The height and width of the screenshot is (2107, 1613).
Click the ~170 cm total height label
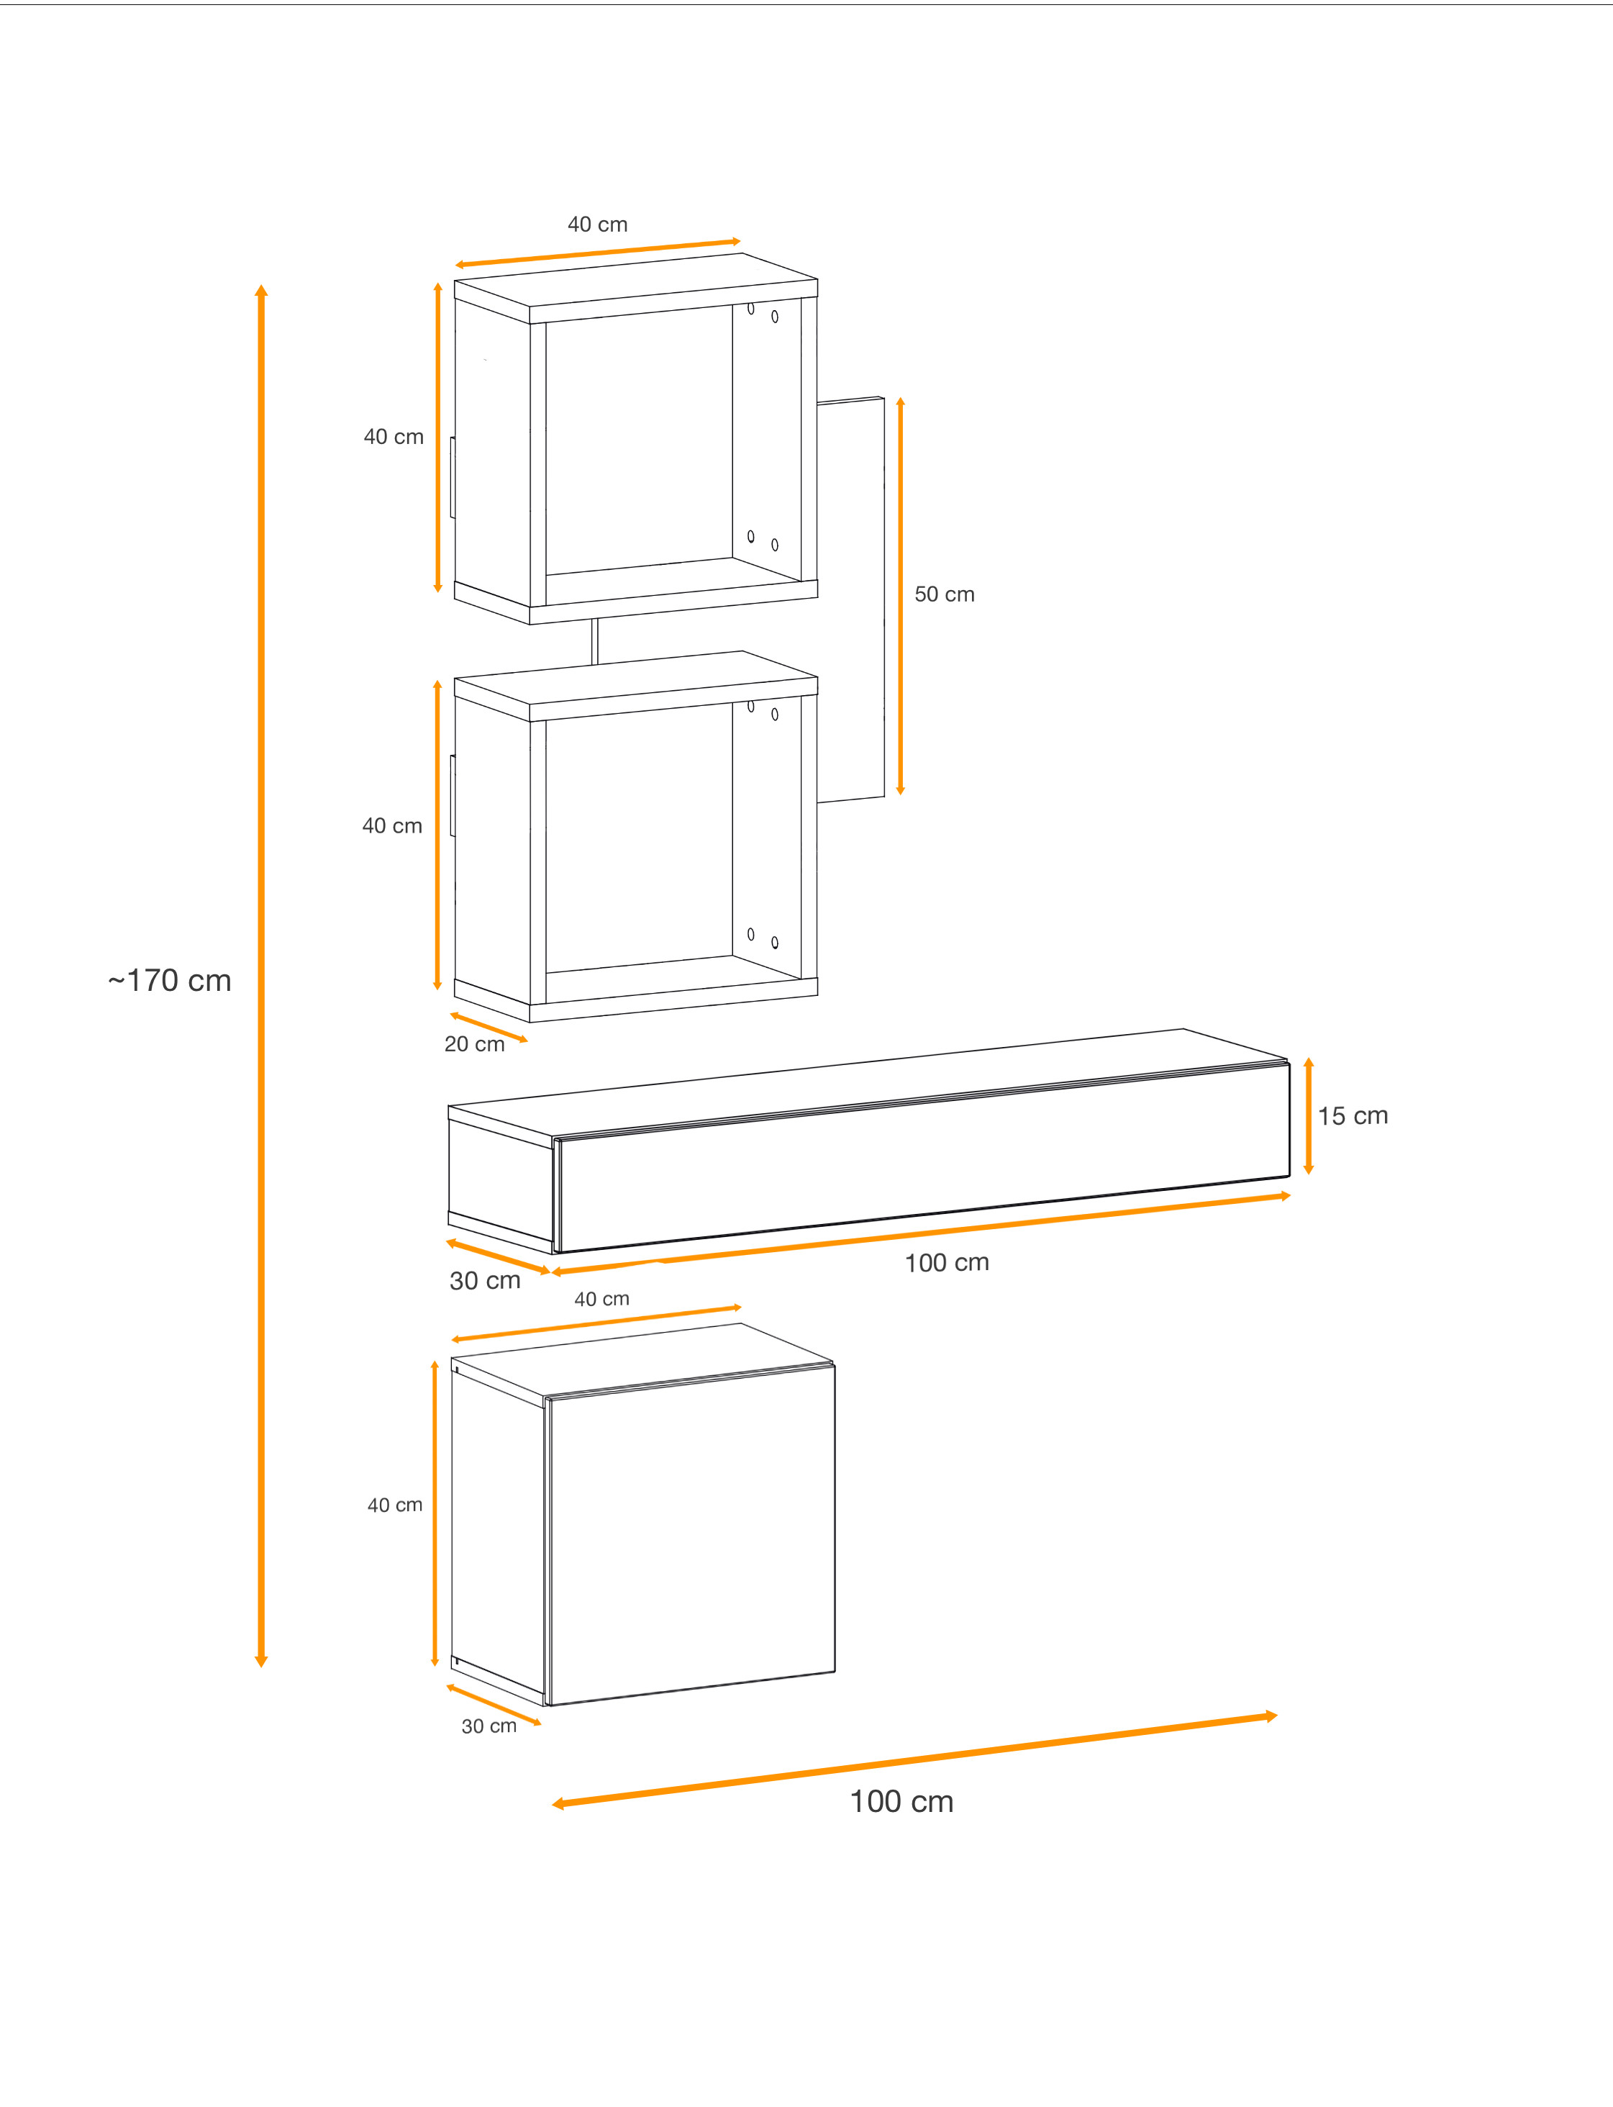coord(170,981)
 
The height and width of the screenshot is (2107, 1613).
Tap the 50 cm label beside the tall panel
coord(944,594)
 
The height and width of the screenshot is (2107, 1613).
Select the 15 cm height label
coord(1353,1116)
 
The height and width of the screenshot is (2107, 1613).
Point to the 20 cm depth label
coord(474,1044)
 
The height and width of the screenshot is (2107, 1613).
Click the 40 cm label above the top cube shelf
coord(597,225)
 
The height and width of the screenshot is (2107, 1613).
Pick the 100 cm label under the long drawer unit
coord(947,1263)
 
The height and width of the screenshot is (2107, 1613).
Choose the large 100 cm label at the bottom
coord(901,1802)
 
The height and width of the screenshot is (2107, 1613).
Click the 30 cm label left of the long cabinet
coord(485,1280)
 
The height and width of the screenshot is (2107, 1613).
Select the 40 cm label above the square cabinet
coord(602,1300)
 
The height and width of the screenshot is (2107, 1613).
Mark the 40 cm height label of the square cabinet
coord(394,1505)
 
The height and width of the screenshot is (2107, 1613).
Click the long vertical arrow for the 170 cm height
coord(261,975)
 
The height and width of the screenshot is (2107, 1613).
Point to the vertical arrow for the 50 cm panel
coord(901,595)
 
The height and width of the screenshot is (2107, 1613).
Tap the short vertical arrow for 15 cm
coord(1309,1116)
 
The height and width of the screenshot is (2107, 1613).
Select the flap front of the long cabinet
coord(922,1157)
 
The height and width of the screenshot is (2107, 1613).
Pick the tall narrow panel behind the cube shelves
coord(850,599)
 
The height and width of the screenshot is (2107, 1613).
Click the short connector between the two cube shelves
coord(595,640)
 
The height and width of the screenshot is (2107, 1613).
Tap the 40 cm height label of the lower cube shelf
coord(391,826)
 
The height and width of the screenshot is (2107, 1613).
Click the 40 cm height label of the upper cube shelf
coord(394,437)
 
